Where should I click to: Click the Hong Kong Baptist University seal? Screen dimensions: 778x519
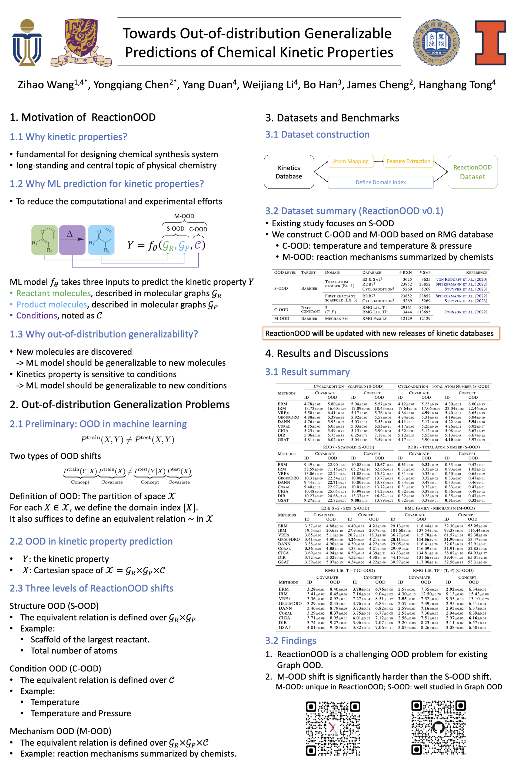click(x=436, y=42)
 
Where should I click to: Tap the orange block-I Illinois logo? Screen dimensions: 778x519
click(x=490, y=43)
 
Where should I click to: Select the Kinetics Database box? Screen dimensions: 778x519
click(x=289, y=172)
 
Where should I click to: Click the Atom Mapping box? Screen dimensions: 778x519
click(x=351, y=162)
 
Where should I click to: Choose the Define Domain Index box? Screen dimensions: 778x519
click(x=381, y=182)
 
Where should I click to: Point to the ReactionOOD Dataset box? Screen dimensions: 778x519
click(x=472, y=172)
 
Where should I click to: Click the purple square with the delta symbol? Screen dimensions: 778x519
click(x=72, y=240)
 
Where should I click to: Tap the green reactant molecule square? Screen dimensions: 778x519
click(x=45, y=240)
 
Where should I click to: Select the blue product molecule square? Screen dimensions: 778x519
click(x=101, y=240)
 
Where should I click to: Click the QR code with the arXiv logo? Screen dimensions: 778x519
click(x=333, y=728)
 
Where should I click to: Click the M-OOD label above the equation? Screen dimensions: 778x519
click(x=184, y=216)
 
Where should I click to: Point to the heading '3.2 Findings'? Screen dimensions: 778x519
click(x=291, y=641)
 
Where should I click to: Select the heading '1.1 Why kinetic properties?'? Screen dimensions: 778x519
click(x=68, y=137)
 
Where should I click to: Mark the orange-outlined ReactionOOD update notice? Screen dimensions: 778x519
click(x=381, y=333)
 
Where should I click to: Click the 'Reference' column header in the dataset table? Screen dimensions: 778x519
click(x=476, y=273)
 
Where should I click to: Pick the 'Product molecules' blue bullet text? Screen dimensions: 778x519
click(x=52, y=304)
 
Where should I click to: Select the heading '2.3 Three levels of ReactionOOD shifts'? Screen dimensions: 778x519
click(x=91, y=588)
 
